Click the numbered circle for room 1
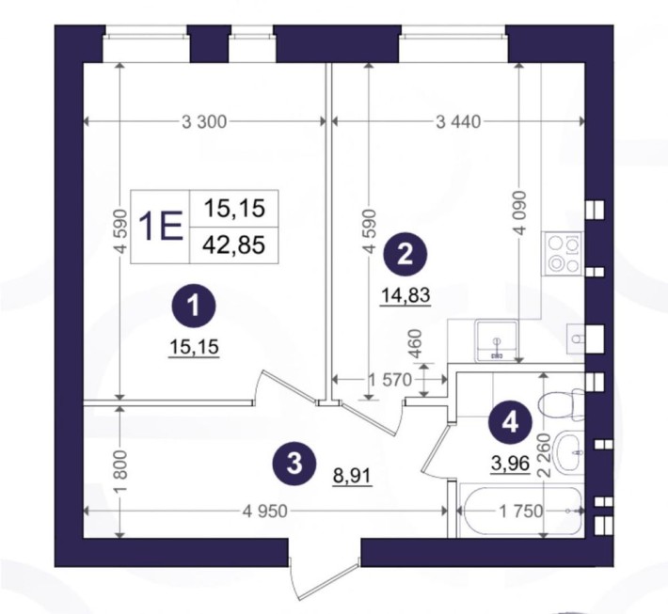pyautogui.click(x=194, y=307)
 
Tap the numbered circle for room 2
pyautogui.click(x=405, y=256)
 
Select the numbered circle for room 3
pyautogui.click(x=294, y=464)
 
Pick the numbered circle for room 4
pyautogui.click(x=510, y=423)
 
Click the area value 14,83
pyautogui.click(x=406, y=295)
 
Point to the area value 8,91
pyautogui.click(x=352, y=475)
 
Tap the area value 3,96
pyautogui.click(x=510, y=463)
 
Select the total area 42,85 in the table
pyautogui.click(x=234, y=244)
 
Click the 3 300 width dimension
pyautogui.click(x=204, y=122)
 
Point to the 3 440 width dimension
pyautogui.click(x=458, y=122)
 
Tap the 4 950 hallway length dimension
pyautogui.click(x=265, y=511)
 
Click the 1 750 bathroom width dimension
pyautogui.click(x=520, y=511)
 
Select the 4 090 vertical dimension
pyautogui.click(x=520, y=213)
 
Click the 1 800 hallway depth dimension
pyautogui.click(x=121, y=471)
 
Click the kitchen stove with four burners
pyautogui.click(x=564, y=254)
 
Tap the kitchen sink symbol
pyautogui.click(x=497, y=341)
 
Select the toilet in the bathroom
pyautogui.click(x=561, y=401)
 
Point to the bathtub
pyautogui.click(x=520, y=511)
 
